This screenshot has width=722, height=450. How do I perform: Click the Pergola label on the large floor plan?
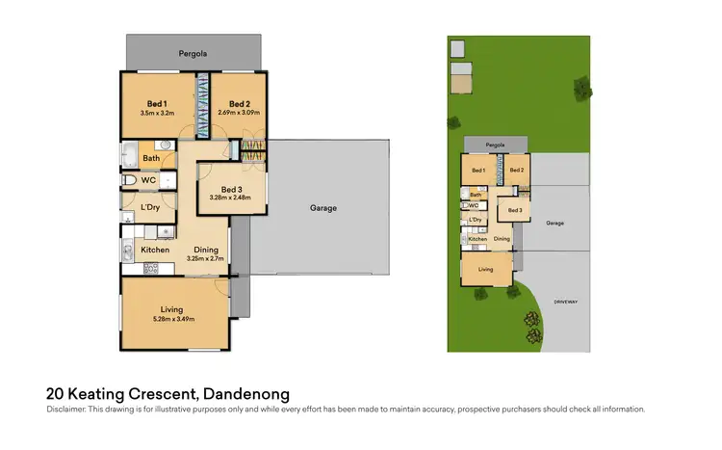pos(193,54)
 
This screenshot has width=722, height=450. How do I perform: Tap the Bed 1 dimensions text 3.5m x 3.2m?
pos(157,113)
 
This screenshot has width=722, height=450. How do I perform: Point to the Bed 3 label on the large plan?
pos(232,189)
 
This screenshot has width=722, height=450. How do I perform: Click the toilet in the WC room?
pos(129,179)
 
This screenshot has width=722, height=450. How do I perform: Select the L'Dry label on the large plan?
pos(150,207)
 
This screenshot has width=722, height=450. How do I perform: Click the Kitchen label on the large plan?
pos(155,250)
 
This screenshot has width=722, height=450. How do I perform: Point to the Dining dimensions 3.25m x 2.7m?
pos(203,259)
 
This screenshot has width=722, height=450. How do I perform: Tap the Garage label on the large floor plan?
pos(322,207)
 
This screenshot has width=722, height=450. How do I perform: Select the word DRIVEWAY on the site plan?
pos(566,302)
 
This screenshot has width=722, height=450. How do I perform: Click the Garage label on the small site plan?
pos(554,223)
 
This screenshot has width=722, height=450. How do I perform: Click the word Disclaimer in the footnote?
pos(66,410)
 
